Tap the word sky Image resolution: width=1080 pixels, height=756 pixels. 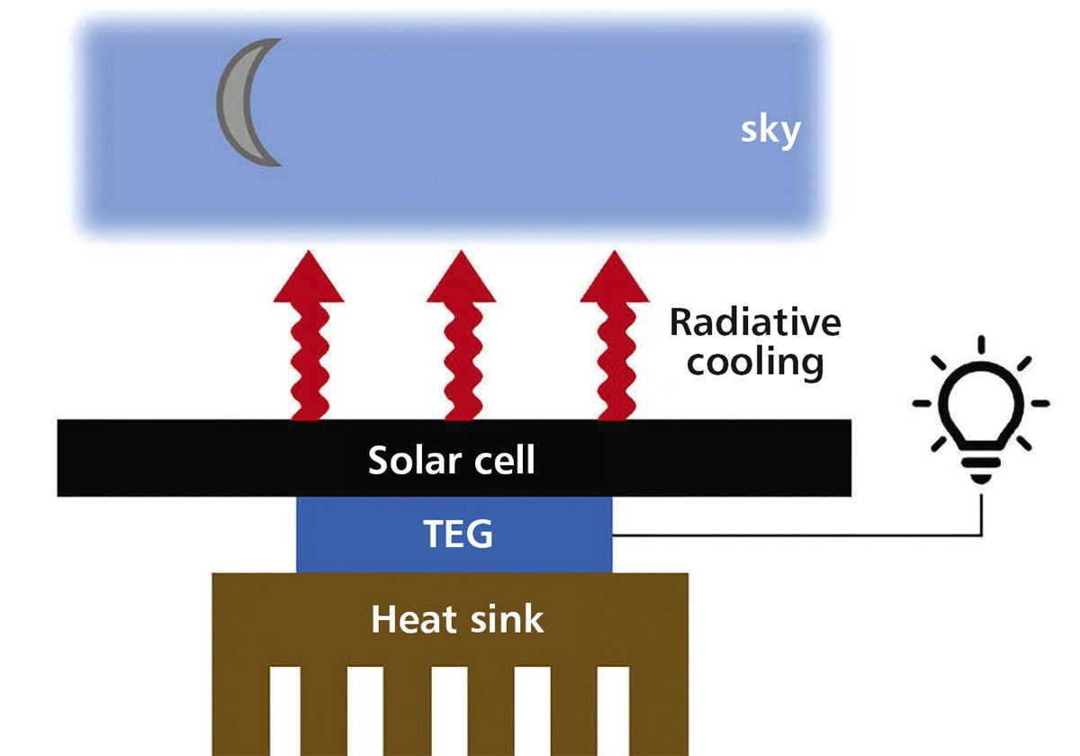(x=770, y=131)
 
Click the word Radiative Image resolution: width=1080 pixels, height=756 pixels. (x=754, y=322)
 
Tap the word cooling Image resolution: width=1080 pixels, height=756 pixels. (x=754, y=362)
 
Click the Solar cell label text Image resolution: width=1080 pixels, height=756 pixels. (x=452, y=460)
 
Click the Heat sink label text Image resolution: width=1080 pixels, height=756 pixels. (x=457, y=619)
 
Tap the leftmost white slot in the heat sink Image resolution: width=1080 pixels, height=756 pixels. (x=284, y=711)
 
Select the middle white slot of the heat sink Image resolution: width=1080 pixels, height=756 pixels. (x=448, y=711)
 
